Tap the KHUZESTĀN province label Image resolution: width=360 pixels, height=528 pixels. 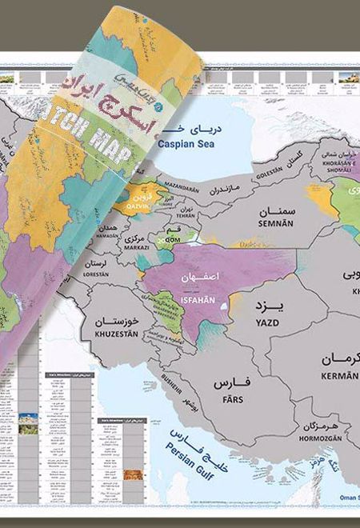pos(118,330)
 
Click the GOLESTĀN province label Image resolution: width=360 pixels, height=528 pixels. pos(269,171)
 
